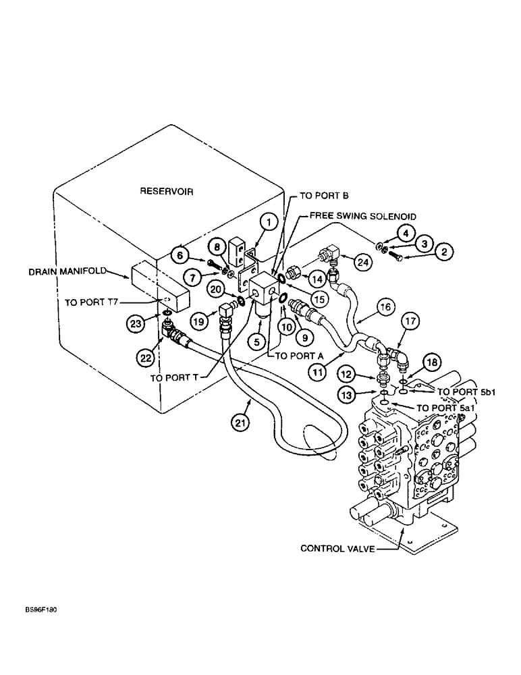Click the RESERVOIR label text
pyautogui.click(x=167, y=191)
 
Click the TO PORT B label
pyautogui.click(x=325, y=196)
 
